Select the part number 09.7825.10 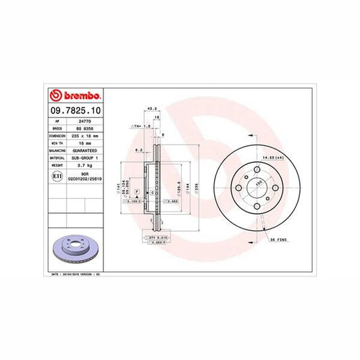76,109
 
